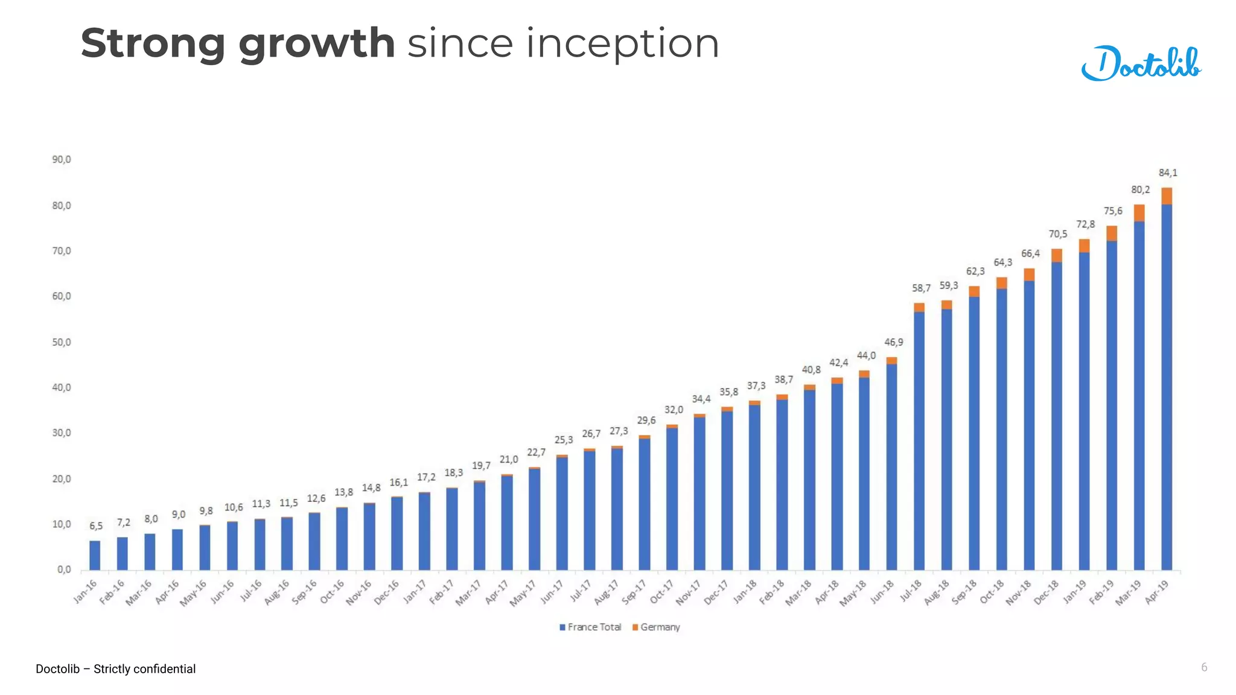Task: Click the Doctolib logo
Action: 1141,63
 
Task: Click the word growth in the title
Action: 316,44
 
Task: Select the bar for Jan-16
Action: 95,555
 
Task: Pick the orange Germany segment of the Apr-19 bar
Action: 1167,196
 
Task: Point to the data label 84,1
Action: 1168,173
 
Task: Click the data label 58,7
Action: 921,288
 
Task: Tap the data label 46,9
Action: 894,343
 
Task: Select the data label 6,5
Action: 96,526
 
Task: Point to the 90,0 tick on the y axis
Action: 62,160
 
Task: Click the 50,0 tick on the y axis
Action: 62,342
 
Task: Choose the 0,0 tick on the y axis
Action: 64,570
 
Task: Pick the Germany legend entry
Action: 656,627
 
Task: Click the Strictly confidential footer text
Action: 144,669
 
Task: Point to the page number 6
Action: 1204,667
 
